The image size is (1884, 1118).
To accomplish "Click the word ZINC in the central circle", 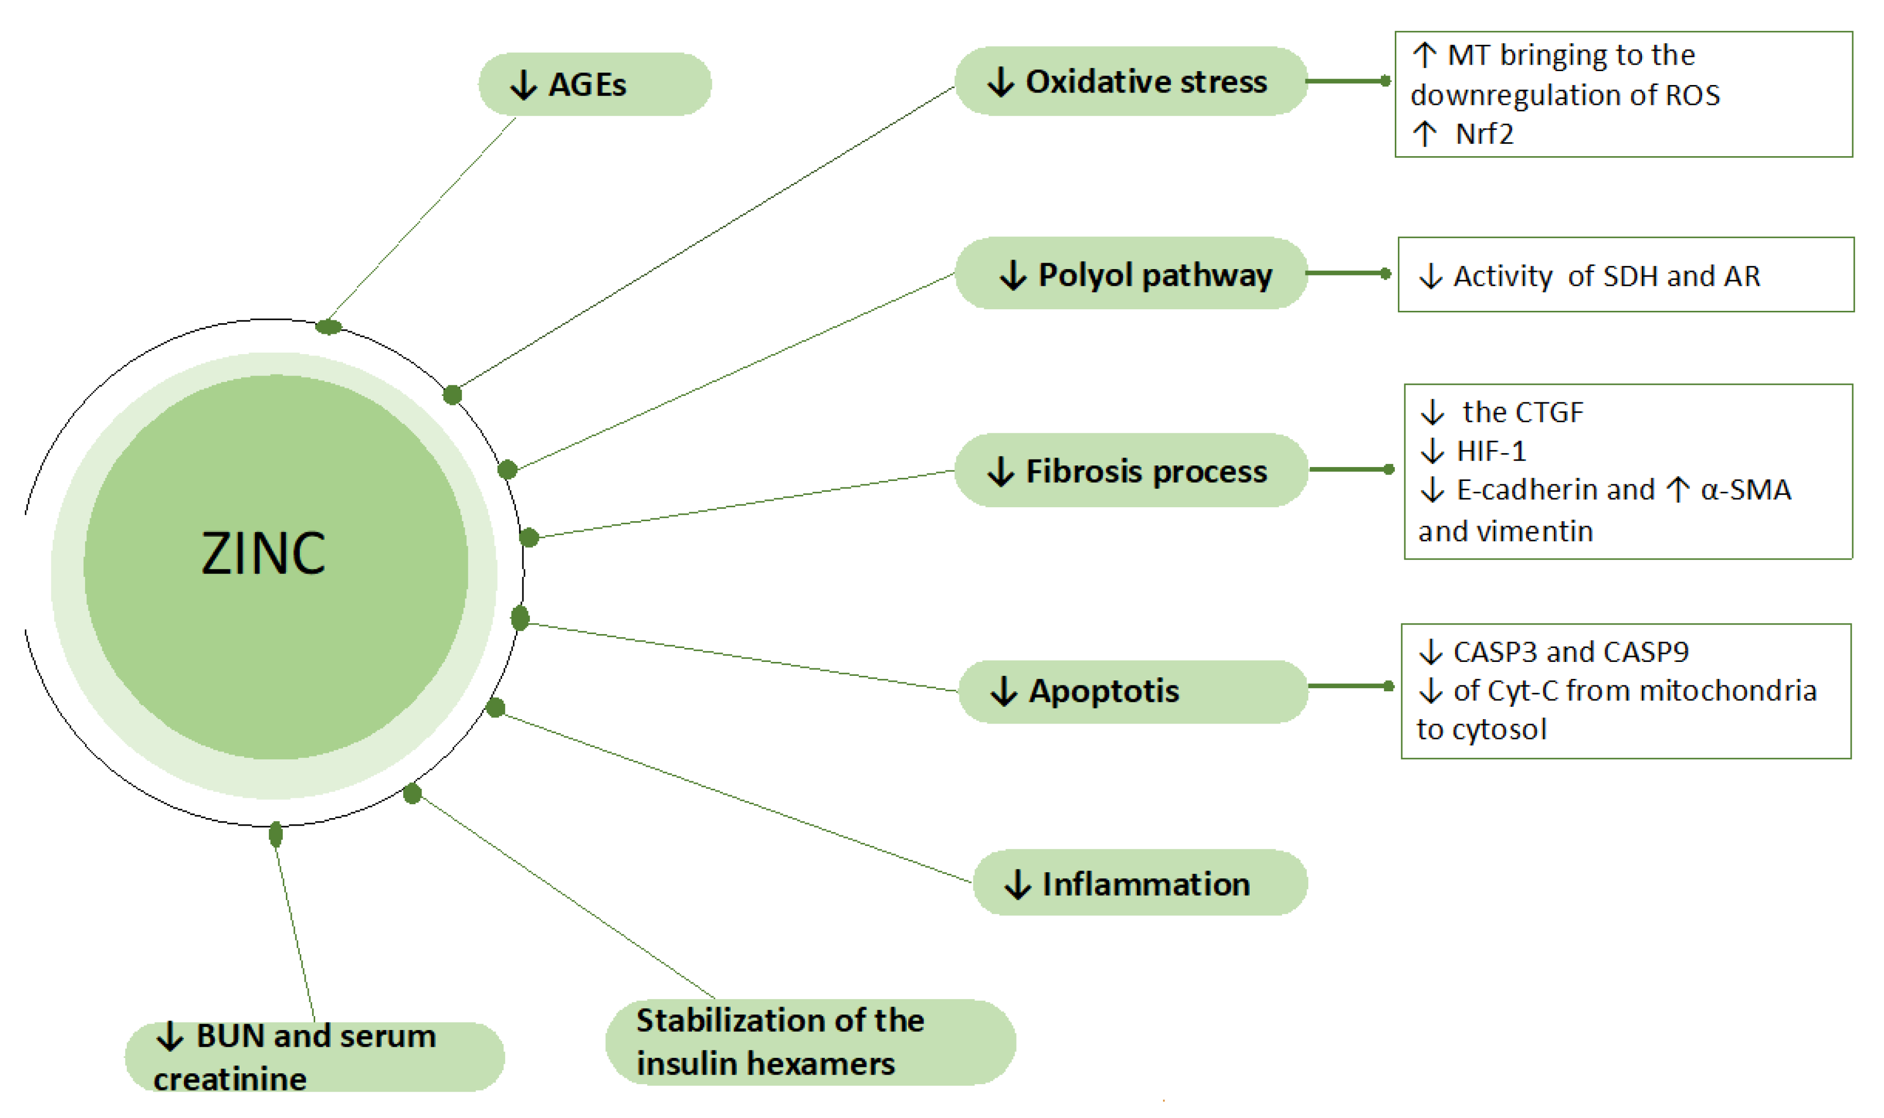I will tap(263, 554).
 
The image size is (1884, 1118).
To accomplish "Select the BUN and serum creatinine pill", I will tap(314, 1056).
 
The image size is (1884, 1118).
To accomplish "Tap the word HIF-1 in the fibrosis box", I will tap(1491, 451).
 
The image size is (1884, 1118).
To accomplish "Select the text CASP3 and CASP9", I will tap(1570, 652).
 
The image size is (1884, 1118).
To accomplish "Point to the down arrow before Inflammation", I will tap(1017, 884).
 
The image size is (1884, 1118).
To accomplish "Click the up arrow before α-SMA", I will tap(1677, 490).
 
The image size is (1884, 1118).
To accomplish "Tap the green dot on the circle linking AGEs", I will tap(328, 326).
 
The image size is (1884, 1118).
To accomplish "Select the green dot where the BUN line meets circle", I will tap(275, 834).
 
